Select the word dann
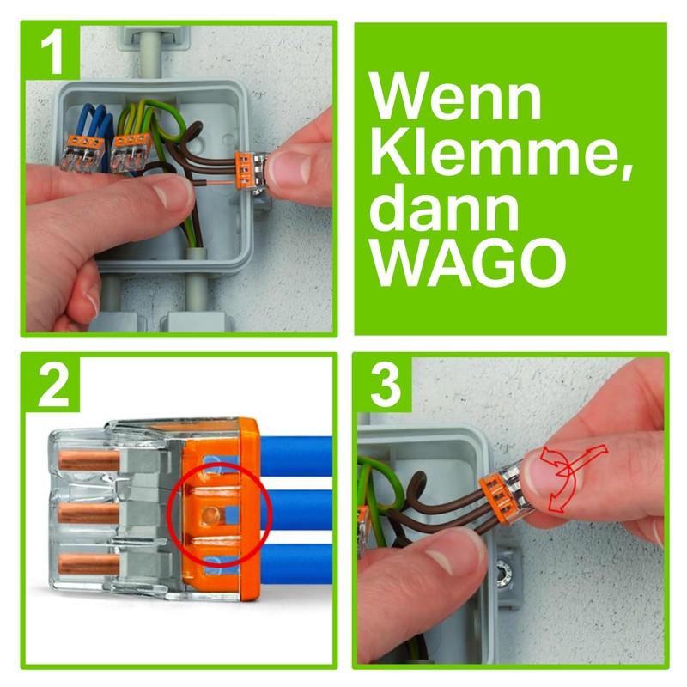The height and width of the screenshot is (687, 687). [448, 210]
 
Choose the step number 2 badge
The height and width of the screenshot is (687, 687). [52, 386]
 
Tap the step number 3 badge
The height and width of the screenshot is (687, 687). [385, 386]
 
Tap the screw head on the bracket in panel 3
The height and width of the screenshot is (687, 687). [504, 567]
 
